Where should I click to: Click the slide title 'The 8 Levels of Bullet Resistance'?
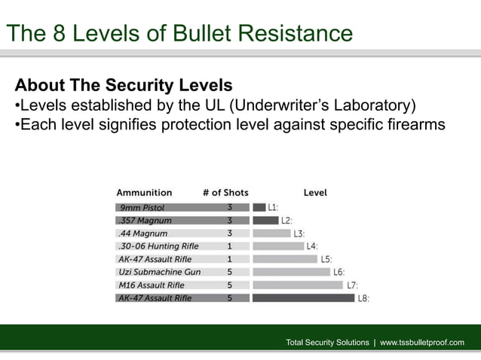[179, 33]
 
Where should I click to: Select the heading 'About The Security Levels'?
[124, 84]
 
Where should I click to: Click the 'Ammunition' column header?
[144, 193]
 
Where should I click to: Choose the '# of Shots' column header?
[225, 193]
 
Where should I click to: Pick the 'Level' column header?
[315, 193]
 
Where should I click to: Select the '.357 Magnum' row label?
[144, 221]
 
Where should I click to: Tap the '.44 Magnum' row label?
[142, 233]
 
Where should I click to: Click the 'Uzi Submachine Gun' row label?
[160, 272]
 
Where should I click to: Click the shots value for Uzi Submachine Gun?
[229, 272]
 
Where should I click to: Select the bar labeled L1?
[259, 207]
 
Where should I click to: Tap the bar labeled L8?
[303, 298]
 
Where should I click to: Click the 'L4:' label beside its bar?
[311, 246]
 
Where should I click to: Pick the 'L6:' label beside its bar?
[339, 272]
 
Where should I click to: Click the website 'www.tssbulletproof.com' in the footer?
[422, 343]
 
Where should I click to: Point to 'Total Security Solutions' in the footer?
[328, 343]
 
